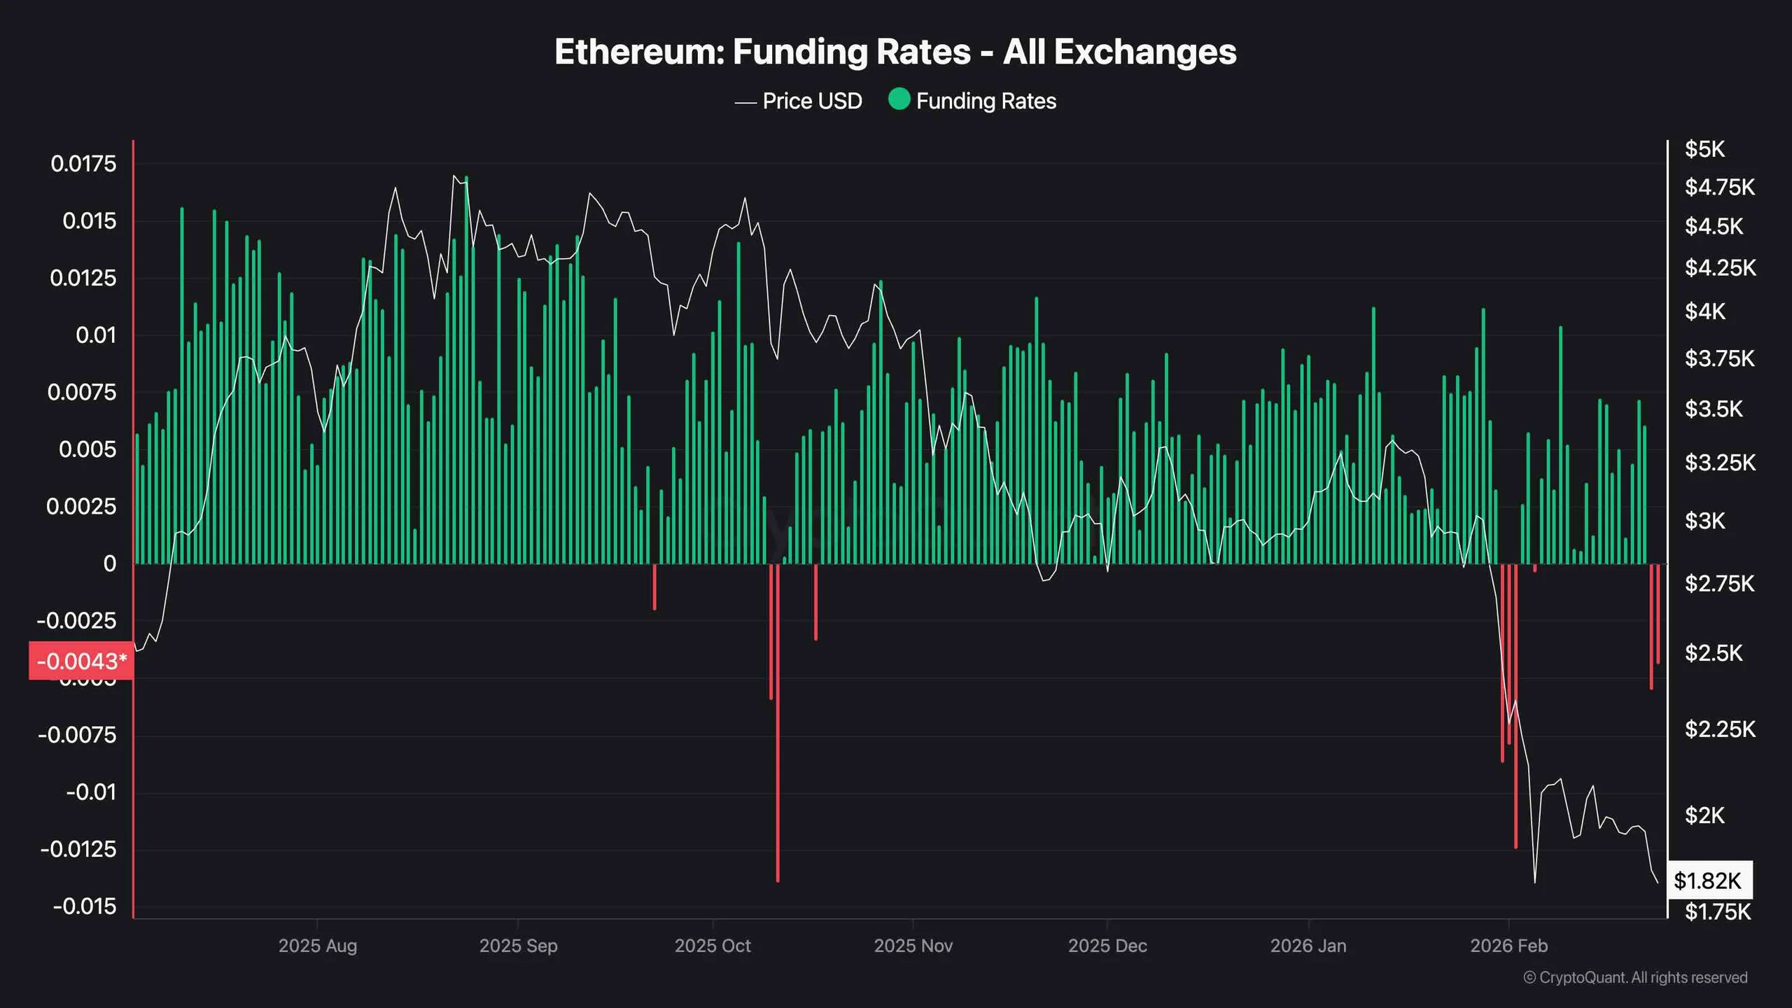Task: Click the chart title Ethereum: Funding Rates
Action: click(895, 52)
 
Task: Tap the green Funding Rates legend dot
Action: click(899, 99)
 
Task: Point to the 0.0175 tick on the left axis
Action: click(83, 164)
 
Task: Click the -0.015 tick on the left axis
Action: click(85, 906)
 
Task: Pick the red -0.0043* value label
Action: click(81, 661)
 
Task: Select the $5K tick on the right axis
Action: click(1704, 149)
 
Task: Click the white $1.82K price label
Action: click(1707, 881)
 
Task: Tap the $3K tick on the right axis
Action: click(1704, 521)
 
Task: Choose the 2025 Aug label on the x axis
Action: click(318, 946)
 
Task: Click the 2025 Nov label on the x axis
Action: click(913, 946)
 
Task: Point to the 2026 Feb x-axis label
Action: click(1508, 946)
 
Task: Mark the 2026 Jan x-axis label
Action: click(1308, 946)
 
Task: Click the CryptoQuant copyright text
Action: click(1635, 978)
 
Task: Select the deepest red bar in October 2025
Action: click(778, 721)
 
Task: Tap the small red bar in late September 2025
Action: click(654, 587)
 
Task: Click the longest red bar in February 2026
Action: click(1515, 707)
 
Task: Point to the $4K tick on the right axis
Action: click(1704, 311)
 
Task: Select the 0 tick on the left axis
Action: click(109, 563)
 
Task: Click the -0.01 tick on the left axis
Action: click(91, 792)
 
